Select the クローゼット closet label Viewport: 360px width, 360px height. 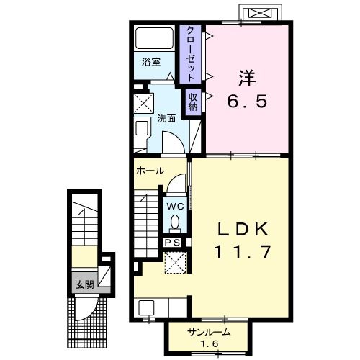(x=189, y=52)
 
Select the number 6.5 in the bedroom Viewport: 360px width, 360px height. (x=249, y=102)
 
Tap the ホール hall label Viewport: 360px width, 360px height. (x=150, y=171)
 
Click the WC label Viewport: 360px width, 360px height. (x=175, y=205)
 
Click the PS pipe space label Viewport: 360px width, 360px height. (x=173, y=243)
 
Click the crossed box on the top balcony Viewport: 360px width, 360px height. (x=260, y=14)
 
